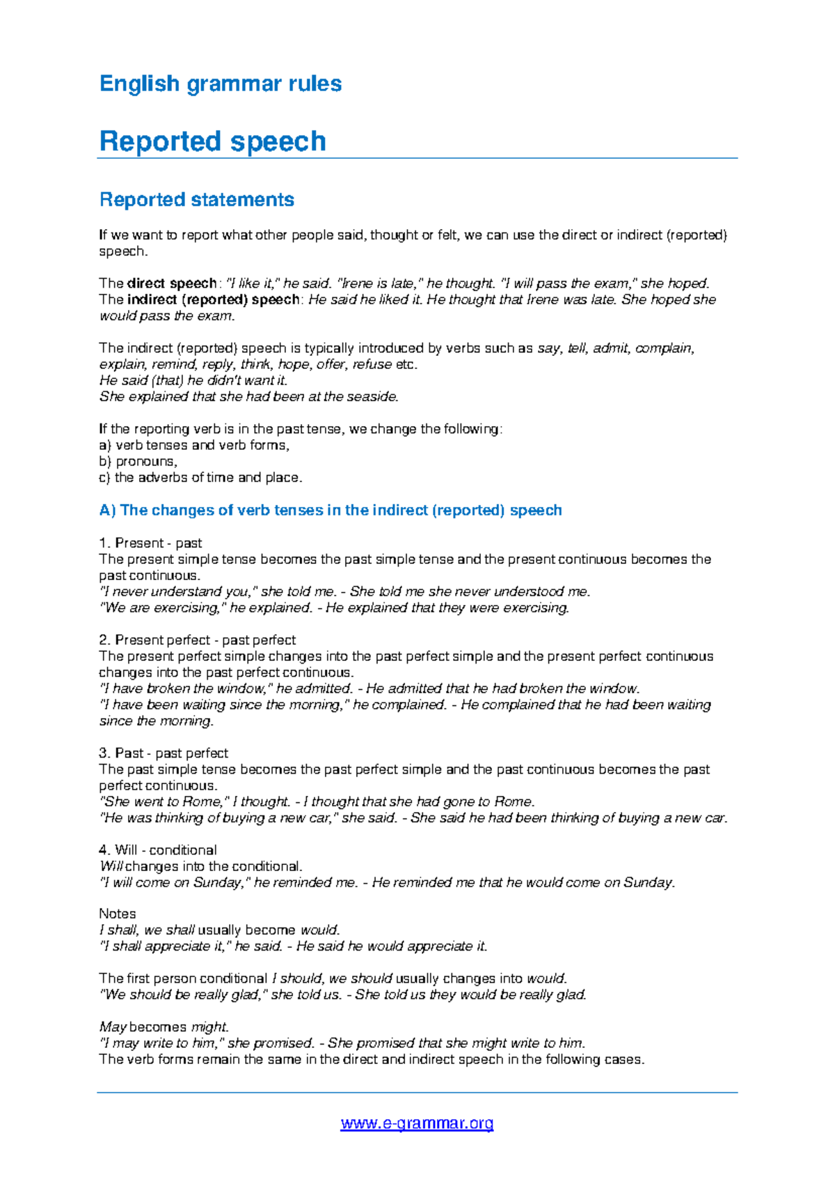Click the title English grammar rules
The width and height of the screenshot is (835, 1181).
220,84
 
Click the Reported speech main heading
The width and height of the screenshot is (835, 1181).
212,141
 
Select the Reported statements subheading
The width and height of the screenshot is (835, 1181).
196,200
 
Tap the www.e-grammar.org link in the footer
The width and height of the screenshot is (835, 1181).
417,1123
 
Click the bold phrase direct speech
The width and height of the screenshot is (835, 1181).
172,283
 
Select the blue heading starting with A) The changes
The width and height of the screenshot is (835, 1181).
330,510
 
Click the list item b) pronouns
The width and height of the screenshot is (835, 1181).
138,462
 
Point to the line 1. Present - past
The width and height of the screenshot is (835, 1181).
150,543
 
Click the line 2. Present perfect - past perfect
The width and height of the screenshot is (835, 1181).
197,640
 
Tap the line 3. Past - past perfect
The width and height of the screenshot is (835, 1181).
164,753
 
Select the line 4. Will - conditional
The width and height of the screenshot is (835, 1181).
158,850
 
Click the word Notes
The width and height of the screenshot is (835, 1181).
117,914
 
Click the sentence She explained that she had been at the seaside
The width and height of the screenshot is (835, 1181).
249,397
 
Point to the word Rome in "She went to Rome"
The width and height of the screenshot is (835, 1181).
201,801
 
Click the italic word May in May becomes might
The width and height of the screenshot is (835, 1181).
113,1027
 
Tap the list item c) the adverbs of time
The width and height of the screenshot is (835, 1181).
200,478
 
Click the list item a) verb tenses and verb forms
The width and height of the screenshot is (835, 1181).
194,446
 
